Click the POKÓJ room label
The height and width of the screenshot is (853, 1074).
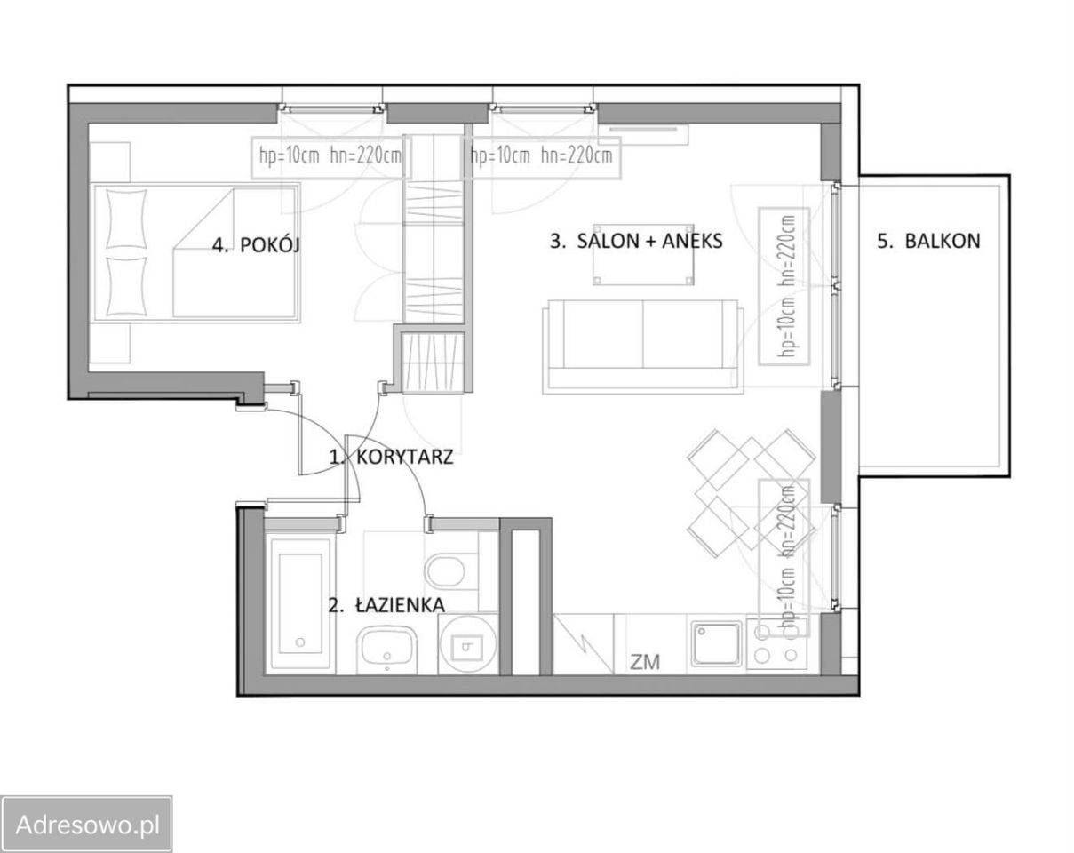(256, 245)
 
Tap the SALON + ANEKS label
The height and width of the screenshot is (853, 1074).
(636, 241)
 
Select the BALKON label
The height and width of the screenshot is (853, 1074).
(929, 241)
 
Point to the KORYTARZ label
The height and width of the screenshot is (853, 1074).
(391, 457)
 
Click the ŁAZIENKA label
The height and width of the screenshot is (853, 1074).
(386, 605)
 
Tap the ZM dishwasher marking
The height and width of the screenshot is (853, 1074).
(645, 662)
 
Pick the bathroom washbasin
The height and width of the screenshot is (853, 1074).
(386, 650)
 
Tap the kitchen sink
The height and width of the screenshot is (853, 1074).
(716, 644)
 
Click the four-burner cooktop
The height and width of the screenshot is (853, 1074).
(776, 644)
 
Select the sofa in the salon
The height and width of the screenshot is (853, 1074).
(643, 344)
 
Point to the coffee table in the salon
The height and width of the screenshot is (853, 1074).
(643, 254)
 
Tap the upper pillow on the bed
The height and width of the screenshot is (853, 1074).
(127, 219)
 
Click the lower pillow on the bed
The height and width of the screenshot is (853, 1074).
(127, 286)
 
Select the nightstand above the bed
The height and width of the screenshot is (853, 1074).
(110, 163)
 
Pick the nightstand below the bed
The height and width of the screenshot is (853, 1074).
(110, 343)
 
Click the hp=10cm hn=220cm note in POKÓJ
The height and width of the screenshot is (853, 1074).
(330, 156)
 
